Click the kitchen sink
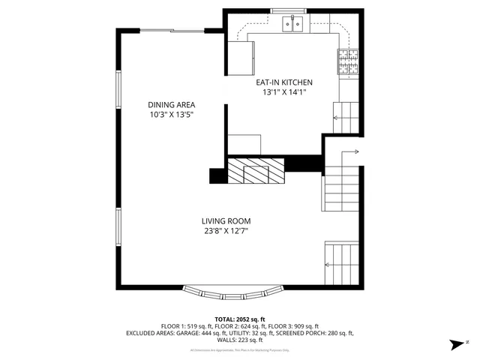(x=292, y=25)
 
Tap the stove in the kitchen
(x=347, y=63)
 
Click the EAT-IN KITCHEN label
(x=284, y=82)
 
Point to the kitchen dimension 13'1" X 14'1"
(x=284, y=92)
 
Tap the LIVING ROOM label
(x=226, y=221)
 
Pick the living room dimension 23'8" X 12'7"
(x=226, y=232)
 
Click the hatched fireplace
(x=256, y=171)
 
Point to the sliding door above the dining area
(x=173, y=31)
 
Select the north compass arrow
(x=455, y=344)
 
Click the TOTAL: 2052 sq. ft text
(x=240, y=319)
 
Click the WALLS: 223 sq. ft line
(x=240, y=339)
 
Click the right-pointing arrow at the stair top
(x=352, y=152)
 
